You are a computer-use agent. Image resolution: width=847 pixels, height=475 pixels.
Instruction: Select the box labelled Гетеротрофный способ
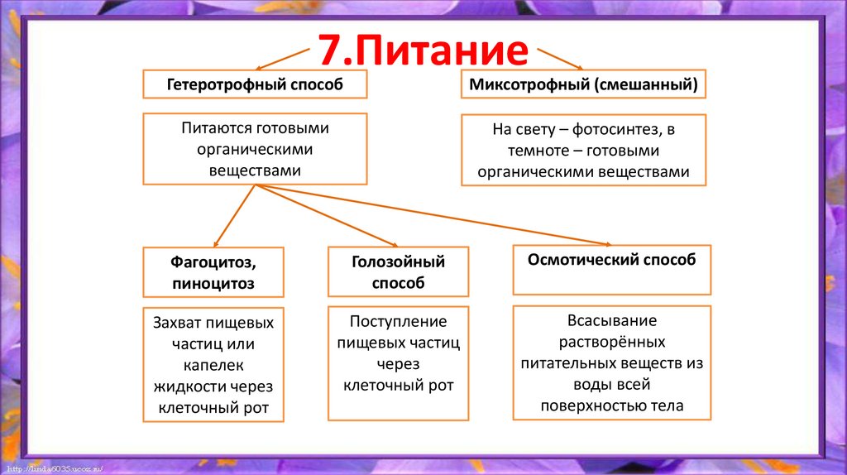pyautogui.click(x=255, y=84)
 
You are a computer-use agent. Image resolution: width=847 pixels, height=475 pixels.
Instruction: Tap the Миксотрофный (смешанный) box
pyautogui.click(x=583, y=84)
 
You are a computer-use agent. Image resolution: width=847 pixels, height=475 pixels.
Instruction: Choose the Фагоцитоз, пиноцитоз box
pyautogui.click(x=213, y=272)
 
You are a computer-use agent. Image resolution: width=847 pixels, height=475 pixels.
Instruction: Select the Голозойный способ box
pyautogui.click(x=398, y=271)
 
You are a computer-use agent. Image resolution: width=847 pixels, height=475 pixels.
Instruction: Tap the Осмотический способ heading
pyautogui.click(x=611, y=260)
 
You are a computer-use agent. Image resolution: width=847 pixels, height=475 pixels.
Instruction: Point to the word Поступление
pyautogui.click(x=398, y=321)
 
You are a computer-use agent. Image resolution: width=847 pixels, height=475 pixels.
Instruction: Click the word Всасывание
pyautogui.click(x=611, y=320)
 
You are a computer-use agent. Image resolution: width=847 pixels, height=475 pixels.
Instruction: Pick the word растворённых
pyautogui.click(x=611, y=342)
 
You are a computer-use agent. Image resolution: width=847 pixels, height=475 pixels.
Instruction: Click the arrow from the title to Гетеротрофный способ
pyautogui.click(x=281, y=58)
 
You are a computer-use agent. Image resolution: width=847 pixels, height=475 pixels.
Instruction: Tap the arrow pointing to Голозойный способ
pyautogui.click(x=331, y=217)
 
